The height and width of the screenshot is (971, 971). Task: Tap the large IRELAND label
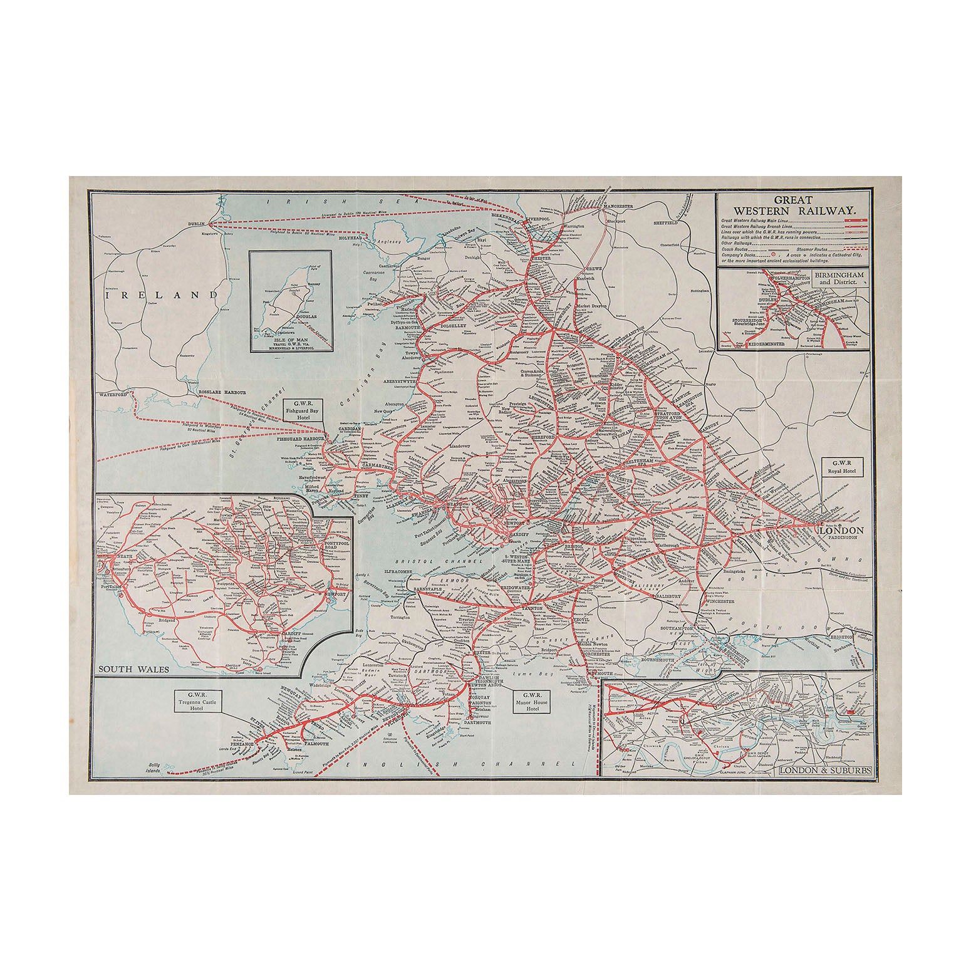[162, 294]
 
